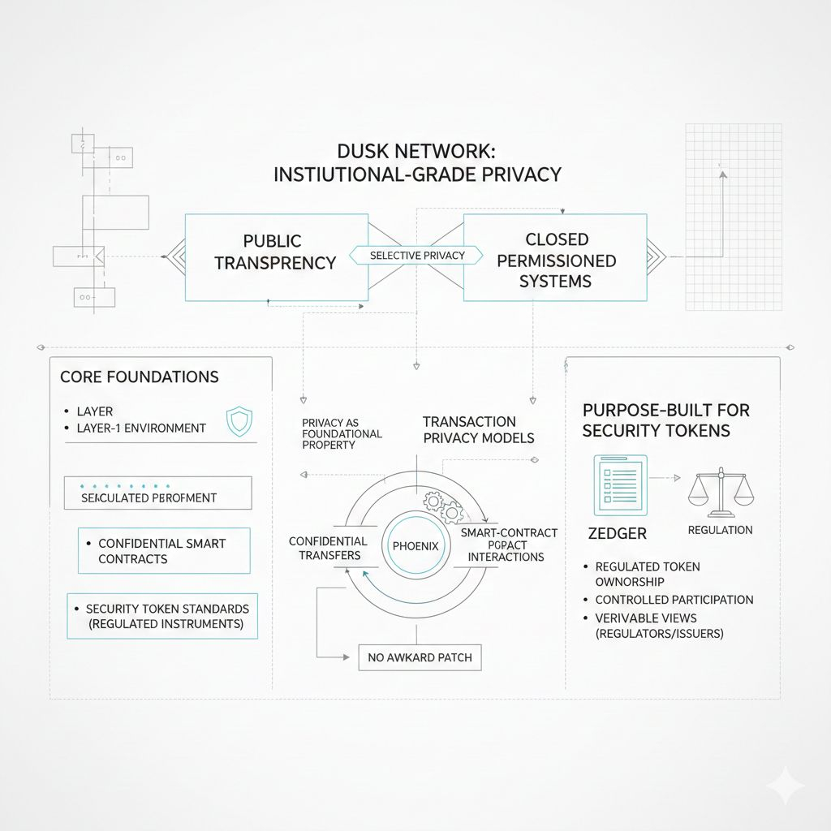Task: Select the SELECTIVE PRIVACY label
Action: point(417,255)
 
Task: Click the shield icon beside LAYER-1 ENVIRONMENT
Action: point(238,422)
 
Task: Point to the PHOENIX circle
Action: point(415,546)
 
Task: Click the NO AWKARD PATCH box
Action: point(420,657)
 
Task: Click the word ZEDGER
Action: point(616,533)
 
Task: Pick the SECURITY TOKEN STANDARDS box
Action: point(162,616)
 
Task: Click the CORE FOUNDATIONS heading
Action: point(139,377)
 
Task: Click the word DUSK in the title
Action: point(363,152)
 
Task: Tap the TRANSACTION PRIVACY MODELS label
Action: point(478,429)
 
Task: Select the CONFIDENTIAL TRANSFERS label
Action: point(328,548)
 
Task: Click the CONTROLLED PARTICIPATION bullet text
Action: point(674,600)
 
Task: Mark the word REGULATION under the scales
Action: point(720,530)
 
